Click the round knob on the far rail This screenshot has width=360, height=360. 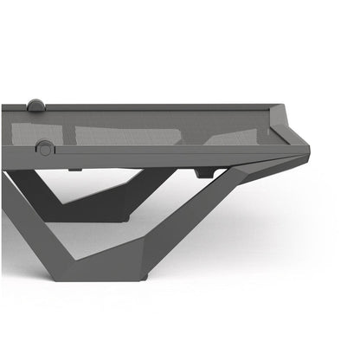[x=35, y=106]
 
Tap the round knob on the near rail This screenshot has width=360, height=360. [x=44, y=149]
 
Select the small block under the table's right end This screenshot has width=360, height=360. [x=205, y=172]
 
